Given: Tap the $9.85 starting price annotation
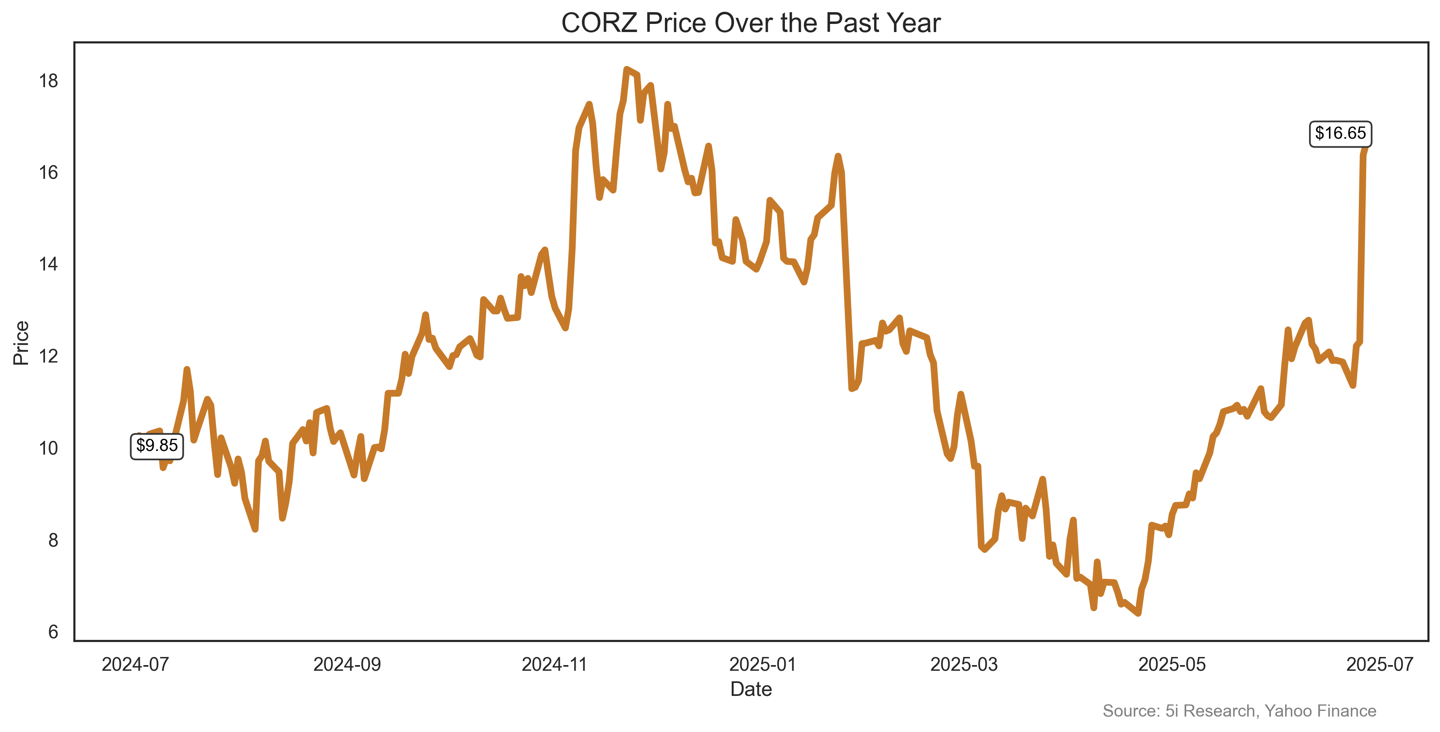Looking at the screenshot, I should (156, 446).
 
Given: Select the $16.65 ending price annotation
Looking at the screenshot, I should (1339, 134).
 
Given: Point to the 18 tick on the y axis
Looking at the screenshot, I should (48, 81).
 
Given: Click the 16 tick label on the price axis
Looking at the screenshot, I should (48, 173).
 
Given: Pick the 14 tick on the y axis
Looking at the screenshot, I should (48, 264).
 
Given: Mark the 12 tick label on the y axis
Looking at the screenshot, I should (48, 356).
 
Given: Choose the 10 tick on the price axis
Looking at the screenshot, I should (48, 448).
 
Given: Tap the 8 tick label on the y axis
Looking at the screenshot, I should (53, 540).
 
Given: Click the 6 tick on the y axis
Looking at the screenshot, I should (53, 632).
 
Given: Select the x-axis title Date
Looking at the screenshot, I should (751, 689).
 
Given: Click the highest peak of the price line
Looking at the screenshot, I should (627, 69).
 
